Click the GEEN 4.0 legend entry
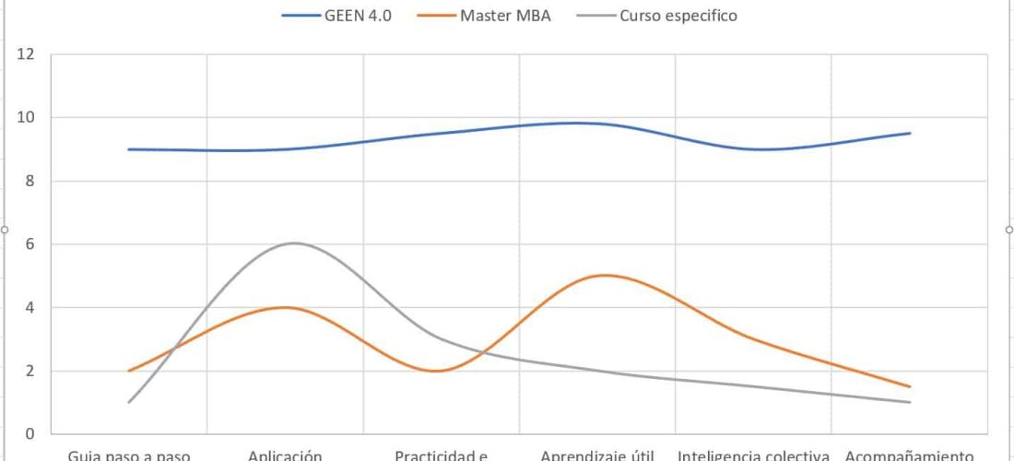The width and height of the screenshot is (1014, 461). click(337, 16)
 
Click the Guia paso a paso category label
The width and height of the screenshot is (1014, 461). click(129, 455)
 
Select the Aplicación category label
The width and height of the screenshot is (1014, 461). click(285, 455)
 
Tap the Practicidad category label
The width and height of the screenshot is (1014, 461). click(441, 455)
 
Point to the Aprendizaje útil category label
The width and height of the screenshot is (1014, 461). click(597, 455)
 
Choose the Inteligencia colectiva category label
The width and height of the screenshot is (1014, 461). click(754, 455)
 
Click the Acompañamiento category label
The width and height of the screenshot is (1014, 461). click(909, 455)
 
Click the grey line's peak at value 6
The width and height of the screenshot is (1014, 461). click(294, 243)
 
